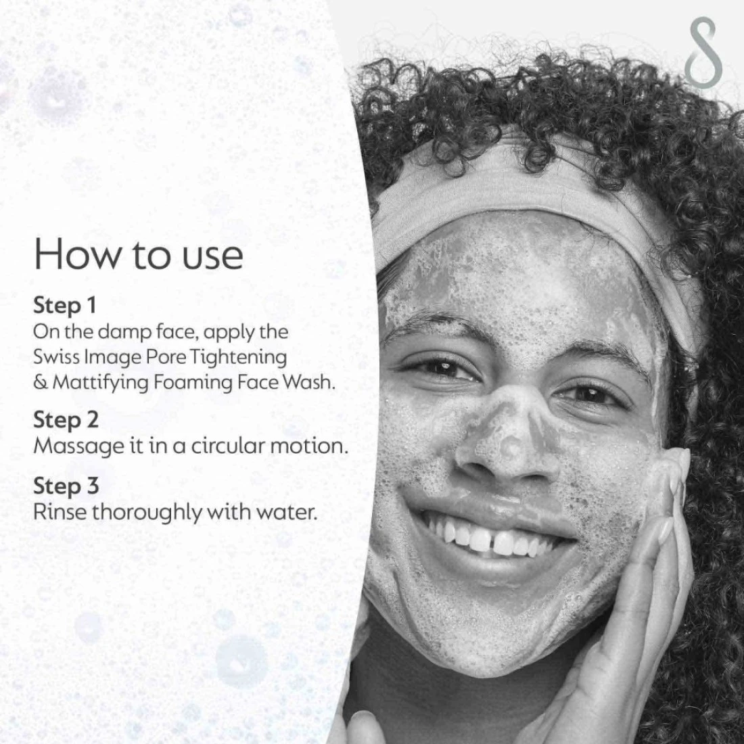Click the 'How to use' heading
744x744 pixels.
click(x=139, y=254)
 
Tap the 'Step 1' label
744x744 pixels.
click(x=64, y=306)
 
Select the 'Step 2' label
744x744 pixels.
click(x=66, y=420)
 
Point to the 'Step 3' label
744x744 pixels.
click(x=66, y=486)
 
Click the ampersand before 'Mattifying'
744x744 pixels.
click(x=41, y=382)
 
